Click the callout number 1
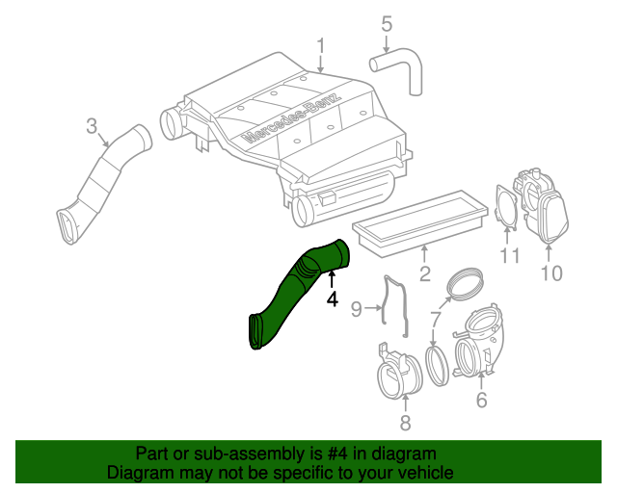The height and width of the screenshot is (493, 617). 321,45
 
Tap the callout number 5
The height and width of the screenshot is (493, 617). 387,23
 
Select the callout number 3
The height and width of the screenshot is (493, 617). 92,125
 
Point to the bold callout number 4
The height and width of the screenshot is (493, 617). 332,299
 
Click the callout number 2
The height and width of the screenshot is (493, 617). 424,276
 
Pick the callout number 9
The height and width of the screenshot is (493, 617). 355,309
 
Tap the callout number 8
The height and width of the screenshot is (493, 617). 405,422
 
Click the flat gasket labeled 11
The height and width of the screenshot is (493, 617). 506,207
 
